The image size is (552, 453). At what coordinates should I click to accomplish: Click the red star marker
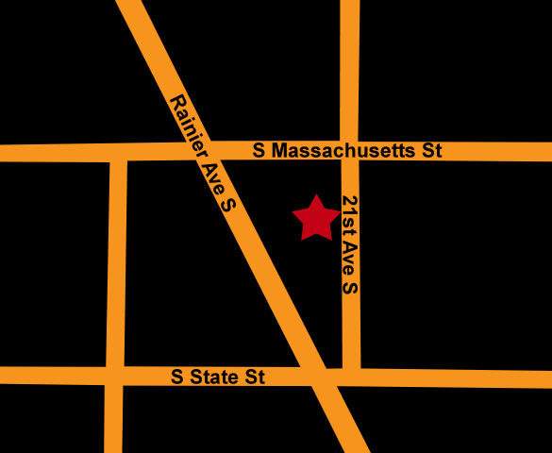pyautogui.click(x=316, y=219)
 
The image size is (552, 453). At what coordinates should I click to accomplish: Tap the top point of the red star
pyautogui.click(x=316, y=195)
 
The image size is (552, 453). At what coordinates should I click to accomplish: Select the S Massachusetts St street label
pyautogui.click(x=348, y=150)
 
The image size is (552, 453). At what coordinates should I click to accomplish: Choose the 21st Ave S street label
pyautogui.click(x=349, y=243)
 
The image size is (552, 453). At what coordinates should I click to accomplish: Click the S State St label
pyautogui.click(x=218, y=377)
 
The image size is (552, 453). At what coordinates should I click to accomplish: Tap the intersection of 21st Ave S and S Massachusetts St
pyautogui.click(x=349, y=151)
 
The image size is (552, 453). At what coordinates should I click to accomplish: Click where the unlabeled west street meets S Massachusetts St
pyautogui.click(x=118, y=152)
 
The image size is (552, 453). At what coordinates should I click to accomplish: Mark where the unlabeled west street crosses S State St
pyautogui.click(x=115, y=376)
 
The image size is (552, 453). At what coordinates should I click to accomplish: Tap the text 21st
pyautogui.click(x=349, y=215)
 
